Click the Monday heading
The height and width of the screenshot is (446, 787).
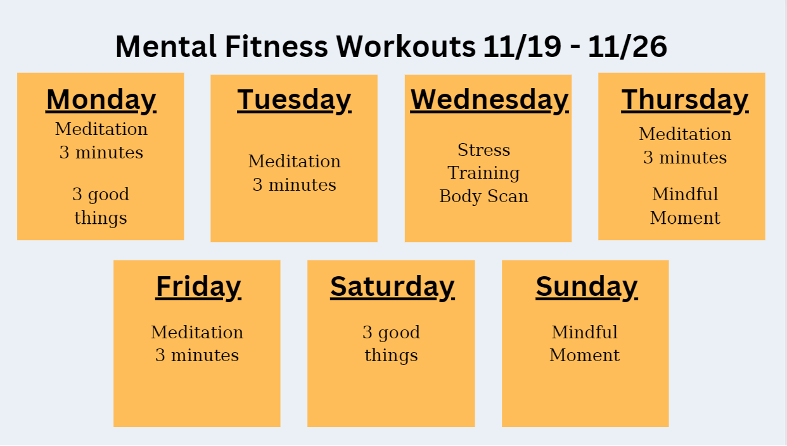(x=101, y=100)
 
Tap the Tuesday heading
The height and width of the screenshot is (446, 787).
(x=294, y=100)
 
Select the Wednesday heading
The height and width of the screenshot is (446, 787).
(x=489, y=100)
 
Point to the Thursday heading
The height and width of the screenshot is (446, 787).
(x=684, y=100)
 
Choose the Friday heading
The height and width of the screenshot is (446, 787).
(x=198, y=287)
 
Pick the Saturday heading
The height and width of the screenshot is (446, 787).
(x=392, y=287)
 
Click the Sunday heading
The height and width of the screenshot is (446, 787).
(x=586, y=287)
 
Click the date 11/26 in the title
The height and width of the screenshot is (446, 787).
(x=627, y=47)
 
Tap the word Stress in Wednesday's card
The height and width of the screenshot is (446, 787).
(x=483, y=150)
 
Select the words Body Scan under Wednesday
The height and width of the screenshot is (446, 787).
(x=483, y=196)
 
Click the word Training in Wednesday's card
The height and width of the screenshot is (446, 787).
(x=483, y=173)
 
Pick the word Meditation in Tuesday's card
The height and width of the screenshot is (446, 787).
(x=294, y=162)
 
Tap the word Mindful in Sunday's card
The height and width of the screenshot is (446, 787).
(x=584, y=332)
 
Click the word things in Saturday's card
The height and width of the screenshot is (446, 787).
(x=391, y=355)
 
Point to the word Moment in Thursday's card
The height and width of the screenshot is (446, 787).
(x=685, y=218)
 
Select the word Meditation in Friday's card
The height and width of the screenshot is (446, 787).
(x=197, y=332)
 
